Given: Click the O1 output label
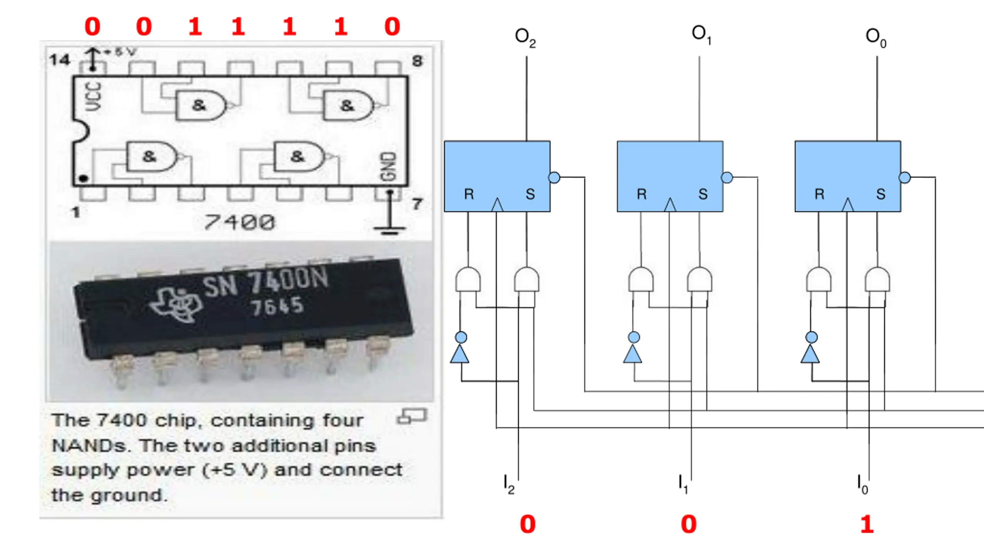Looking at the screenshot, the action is click(701, 35).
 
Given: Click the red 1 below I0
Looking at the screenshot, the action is click(867, 524).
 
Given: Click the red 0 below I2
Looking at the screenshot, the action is click(527, 524).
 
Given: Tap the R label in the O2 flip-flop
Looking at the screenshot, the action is click(469, 194).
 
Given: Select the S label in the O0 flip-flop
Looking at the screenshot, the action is click(881, 194).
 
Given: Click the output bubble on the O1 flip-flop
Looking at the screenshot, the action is click(727, 177).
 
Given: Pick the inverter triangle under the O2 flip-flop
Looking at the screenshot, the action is click(460, 354).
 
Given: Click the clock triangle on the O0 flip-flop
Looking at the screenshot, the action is click(848, 205).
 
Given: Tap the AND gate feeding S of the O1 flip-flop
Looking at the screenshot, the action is click(699, 279).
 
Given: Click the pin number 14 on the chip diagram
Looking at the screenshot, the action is click(60, 60).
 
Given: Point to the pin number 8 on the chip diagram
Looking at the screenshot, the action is click(417, 61).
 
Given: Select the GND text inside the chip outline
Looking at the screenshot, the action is click(388, 166).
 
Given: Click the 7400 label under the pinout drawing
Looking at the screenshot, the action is click(240, 222).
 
